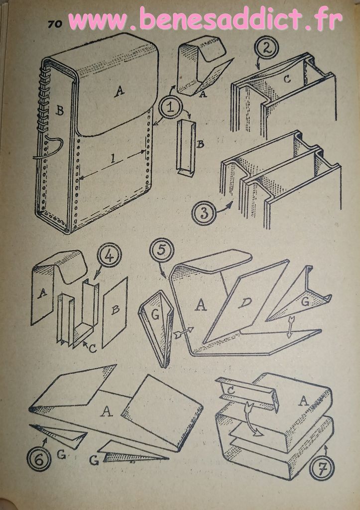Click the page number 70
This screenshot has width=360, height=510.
pos(55,24)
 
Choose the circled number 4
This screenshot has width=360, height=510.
pos(110,255)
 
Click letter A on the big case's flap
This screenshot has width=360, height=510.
pos(120,92)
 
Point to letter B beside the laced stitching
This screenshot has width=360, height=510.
pos(60,111)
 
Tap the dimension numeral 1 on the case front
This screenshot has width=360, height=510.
pos(112,159)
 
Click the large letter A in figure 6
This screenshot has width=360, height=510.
pos(107,411)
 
